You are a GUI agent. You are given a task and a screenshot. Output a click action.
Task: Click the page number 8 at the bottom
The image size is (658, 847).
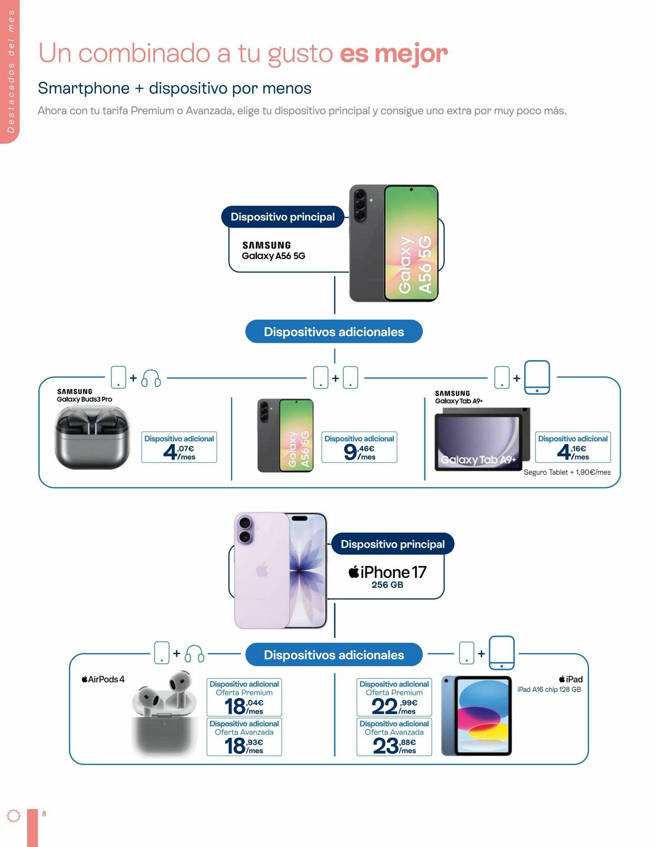pyautogui.click(x=44, y=813)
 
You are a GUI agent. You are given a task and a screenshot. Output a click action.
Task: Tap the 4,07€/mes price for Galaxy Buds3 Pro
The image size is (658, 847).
pyautogui.click(x=179, y=452)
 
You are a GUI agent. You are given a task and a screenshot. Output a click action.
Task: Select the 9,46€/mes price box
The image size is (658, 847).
pyautogui.click(x=359, y=447)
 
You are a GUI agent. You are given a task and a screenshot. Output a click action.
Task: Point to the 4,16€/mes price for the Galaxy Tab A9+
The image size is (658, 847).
pyautogui.click(x=573, y=452)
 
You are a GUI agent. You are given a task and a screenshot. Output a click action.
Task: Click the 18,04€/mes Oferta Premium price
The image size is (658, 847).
pyautogui.click(x=244, y=707)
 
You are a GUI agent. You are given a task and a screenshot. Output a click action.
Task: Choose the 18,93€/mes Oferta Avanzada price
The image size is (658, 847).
pyautogui.click(x=244, y=746)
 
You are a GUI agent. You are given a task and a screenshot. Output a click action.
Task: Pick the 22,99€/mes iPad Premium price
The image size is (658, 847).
pyautogui.click(x=394, y=707)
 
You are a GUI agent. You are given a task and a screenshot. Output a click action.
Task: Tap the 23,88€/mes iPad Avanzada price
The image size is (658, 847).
pyautogui.click(x=394, y=746)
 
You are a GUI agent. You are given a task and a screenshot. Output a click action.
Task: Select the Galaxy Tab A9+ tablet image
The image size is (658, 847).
pyautogui.click(x=482, y=439)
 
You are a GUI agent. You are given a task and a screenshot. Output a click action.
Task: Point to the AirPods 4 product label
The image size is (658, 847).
pyautogui.click(x=103, y=679)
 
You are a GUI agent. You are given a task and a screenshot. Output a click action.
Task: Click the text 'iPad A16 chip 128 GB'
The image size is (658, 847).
pyautogui.click(x=549, y=689)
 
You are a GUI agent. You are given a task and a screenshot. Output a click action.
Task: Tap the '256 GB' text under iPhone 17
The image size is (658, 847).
pyautogui.click(x=387, y=585)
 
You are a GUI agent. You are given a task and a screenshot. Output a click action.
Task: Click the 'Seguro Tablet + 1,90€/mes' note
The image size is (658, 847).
pyautogui.click(x=567, y=472)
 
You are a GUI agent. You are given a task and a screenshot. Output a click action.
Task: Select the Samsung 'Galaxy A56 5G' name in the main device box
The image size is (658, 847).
pyautogui.click(x=274, y=256)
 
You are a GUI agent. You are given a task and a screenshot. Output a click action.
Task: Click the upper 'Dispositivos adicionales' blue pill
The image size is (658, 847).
pyautogui.click(x=334, y=332)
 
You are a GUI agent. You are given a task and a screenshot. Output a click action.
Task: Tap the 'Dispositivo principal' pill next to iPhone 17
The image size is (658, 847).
pyautogui.click(x=393, y=544)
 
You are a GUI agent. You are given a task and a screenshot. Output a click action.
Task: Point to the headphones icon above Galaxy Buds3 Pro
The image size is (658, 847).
pyautogui.click(x=151, y=378)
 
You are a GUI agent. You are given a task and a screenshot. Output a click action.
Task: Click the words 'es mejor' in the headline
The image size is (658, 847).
pyautogui.click(x=394, y=53)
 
